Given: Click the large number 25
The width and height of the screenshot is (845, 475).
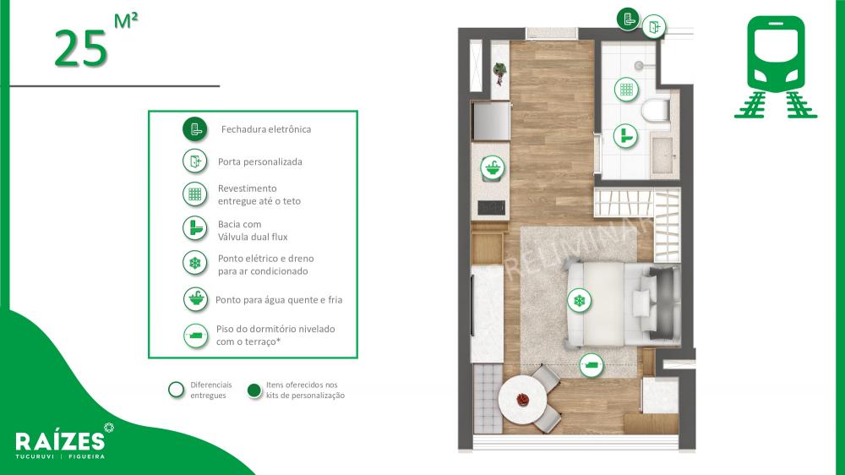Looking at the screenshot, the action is point(81,48).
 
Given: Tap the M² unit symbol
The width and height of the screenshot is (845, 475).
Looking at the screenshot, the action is point(126,20).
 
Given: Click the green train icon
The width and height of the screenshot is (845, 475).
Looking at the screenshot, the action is point(776,66).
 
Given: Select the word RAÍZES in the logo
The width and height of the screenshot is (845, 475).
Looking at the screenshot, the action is point(60,441).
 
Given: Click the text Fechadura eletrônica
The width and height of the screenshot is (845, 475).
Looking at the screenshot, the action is point(266,129).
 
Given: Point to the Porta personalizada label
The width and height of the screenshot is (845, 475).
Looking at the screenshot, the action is point(259,161).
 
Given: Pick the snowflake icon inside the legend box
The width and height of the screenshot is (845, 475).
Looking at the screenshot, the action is point(195,263).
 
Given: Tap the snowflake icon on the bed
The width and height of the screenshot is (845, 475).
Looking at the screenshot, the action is point(580,300).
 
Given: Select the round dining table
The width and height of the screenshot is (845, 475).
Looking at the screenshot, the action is point(522,401).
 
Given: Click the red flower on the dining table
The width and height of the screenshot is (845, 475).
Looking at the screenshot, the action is point(522,400).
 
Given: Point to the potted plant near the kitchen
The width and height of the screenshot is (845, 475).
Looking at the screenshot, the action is point(500,73).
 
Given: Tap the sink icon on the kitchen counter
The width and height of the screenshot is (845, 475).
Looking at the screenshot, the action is point(493,167).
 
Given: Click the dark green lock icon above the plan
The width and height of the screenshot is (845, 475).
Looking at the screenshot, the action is point(628,19).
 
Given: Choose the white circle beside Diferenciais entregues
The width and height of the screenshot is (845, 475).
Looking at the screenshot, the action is point(177,390).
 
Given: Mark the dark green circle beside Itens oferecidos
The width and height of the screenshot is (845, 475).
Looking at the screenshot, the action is point(253,390).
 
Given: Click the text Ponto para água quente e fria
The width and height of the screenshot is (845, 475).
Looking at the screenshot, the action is point(279,300).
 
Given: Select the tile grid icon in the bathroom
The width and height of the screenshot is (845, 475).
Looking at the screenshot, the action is point(626,89).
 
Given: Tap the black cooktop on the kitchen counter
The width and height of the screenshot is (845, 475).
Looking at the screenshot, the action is point(492,207).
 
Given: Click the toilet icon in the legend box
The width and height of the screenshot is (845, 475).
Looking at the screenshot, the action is point(195,228).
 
